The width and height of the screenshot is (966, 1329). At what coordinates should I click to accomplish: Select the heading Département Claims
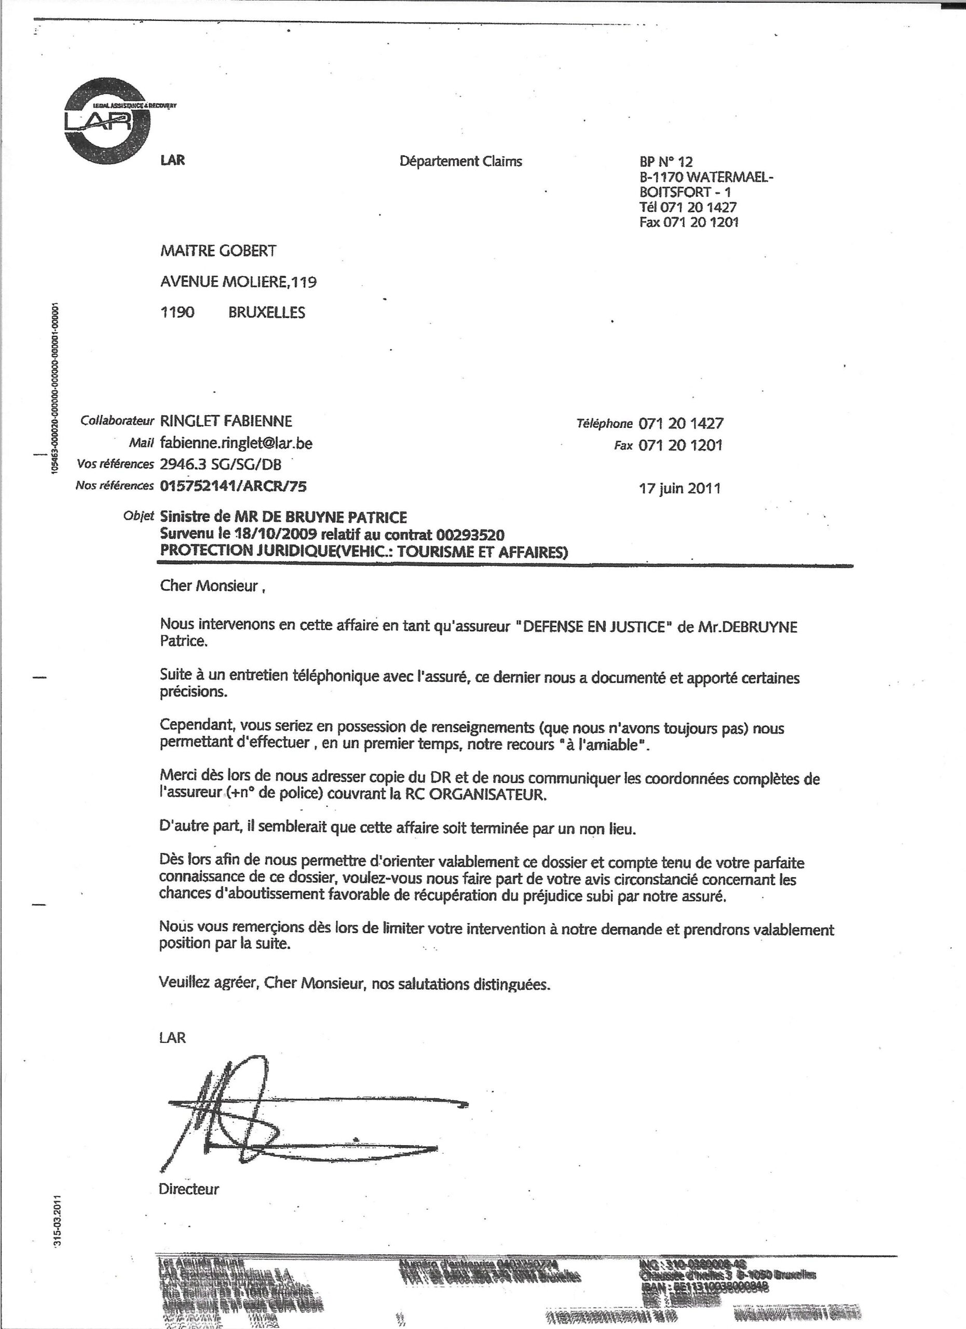[460, 161]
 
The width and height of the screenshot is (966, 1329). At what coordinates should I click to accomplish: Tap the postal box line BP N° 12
[666, 162]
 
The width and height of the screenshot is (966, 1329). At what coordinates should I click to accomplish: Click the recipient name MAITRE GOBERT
[218, 251]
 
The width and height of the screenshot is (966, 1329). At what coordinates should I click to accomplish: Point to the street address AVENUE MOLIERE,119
[238, 282]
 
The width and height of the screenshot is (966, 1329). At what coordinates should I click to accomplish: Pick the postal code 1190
[177, 313]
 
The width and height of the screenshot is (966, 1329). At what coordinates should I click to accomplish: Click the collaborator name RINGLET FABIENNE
[226, 421]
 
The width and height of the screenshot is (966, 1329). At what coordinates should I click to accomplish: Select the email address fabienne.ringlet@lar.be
[236, 443]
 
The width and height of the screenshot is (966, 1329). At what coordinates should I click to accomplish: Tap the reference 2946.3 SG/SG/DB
[220, 465]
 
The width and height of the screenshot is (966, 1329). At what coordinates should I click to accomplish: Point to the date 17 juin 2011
[679, 488]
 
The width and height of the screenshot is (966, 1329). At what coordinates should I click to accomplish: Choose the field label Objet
[138, 516]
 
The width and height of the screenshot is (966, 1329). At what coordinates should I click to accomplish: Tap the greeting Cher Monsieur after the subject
[209, 586]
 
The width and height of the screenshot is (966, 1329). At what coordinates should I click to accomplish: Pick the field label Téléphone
[605, 424]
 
